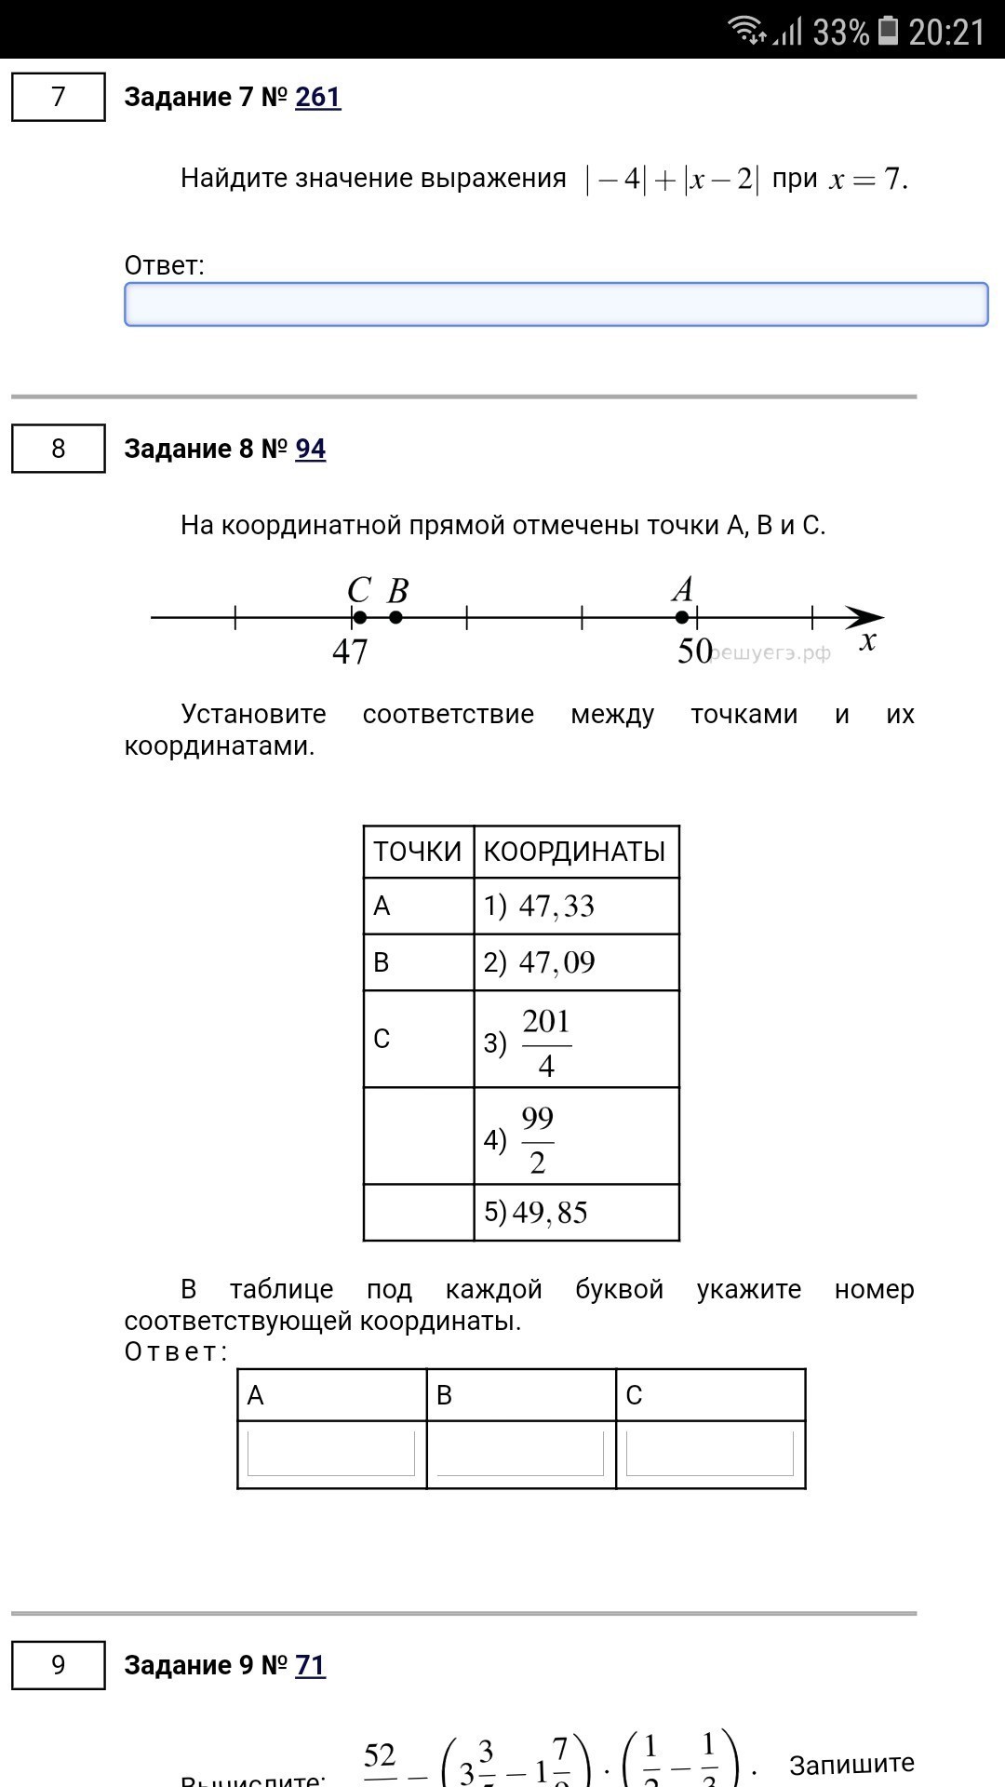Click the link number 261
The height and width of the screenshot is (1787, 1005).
(318, 97)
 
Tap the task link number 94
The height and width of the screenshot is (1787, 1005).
(311, 449)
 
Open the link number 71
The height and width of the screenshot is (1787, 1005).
(311, 1665)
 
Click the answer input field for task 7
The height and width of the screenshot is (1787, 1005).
(556, 304)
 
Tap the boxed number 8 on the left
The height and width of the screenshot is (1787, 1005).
(59, 449)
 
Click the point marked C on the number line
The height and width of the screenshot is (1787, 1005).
(360, 617)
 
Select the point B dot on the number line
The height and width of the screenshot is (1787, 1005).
(395, 617)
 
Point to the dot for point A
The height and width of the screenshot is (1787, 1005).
(682, 617)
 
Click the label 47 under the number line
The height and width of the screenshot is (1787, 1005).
(350, 652)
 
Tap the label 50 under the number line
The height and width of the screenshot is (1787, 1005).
(694, 651)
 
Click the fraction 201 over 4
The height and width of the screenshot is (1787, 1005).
(546, 1043)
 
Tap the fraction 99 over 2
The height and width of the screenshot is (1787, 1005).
(537, 1140)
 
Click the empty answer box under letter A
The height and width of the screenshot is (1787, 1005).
(331, 1454)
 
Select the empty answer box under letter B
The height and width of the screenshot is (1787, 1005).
(520, 1454)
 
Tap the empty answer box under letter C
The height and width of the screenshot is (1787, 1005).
(710, 1454)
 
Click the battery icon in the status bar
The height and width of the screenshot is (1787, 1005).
(889, 32)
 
